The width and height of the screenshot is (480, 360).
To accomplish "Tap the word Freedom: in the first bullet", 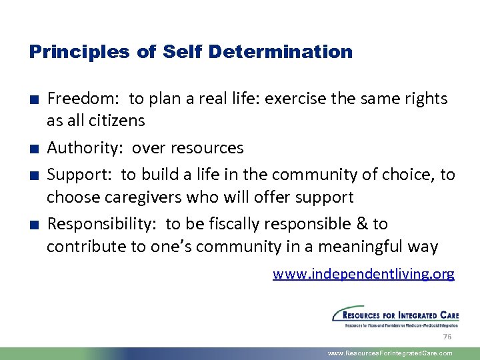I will [x=83, y=99].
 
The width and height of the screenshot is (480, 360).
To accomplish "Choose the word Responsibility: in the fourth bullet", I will [x=103, y=223].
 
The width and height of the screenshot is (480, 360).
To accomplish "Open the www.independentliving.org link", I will [x=363, y=274].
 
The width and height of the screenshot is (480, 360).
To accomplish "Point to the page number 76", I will [x=447, y=337].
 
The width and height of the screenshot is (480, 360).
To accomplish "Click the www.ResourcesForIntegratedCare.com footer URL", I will [x=390, y=353].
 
